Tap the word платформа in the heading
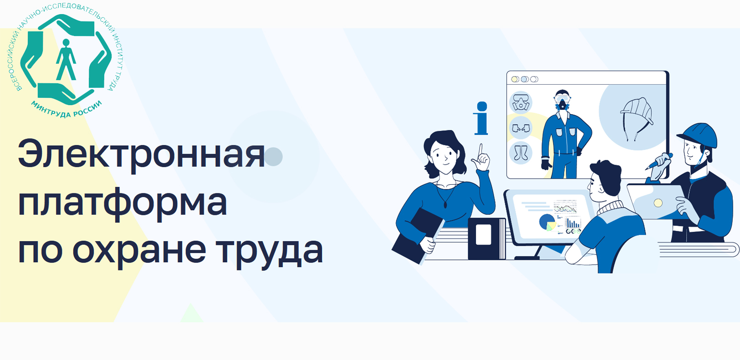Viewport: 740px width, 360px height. pyautogui.click(x=122, y=203)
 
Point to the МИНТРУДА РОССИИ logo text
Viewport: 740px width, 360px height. pyautogui.click(x=66, y=109)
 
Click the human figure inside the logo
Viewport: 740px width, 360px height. pyautogui.click(x=66, y=60)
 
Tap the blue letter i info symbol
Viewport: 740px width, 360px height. pyautogui.click(x=481, y=118)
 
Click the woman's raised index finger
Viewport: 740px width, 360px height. pyautogui.click(x=481, y=150)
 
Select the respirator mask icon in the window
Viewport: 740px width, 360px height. pyautogui.click(x=521, y=103)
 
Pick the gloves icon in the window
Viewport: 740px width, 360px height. pyautogui.click(x=521, y=128)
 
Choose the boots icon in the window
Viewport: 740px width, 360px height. pyautogui.click(x=521, y=152)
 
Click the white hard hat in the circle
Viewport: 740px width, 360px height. pyautogui.click(x=636, y=112)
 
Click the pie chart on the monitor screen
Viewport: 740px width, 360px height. pyautogui.click(x=547, y=222)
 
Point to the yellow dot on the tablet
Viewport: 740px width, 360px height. pyautogui.click(x=658, y=203)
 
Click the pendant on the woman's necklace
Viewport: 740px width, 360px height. pyautogui.click(x=445, y=205)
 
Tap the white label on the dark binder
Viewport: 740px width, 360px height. pyautogui.click(x=483, y=234)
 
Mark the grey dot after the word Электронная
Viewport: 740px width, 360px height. pyautogui.click(x=273, y=156)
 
